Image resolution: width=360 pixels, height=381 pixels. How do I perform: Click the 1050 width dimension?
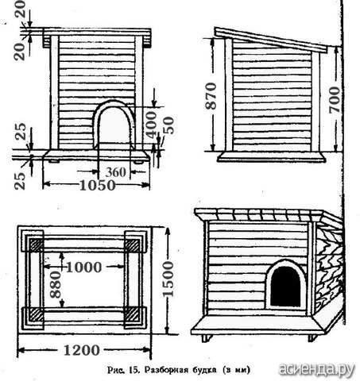[98, 185]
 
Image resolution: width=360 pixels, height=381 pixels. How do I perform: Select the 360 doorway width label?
[116, 172]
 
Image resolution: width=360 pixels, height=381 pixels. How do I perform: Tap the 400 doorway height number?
[151, 125]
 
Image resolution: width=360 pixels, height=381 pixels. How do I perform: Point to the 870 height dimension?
[211, 96]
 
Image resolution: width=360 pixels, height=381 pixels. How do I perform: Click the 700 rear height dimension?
[334, 100]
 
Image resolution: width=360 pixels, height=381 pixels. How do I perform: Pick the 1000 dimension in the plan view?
[83, 267]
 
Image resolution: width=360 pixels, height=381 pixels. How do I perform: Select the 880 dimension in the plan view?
[56, 284]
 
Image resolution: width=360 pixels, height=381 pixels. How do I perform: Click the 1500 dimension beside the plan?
[168, 279]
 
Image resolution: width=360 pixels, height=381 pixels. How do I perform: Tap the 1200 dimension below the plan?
[82, 350]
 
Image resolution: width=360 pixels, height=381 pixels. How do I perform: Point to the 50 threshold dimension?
[168, 125]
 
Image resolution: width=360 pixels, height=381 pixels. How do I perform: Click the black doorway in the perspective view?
[285, 287]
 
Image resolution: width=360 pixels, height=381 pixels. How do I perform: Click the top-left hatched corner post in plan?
[36, 245]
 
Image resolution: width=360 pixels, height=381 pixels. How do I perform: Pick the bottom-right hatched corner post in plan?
[132, 314]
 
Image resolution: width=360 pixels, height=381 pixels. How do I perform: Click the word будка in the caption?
[205, 369]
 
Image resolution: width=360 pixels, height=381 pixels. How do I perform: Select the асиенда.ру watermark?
[316, 369]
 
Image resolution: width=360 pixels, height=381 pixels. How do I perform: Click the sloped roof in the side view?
[271, 40]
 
